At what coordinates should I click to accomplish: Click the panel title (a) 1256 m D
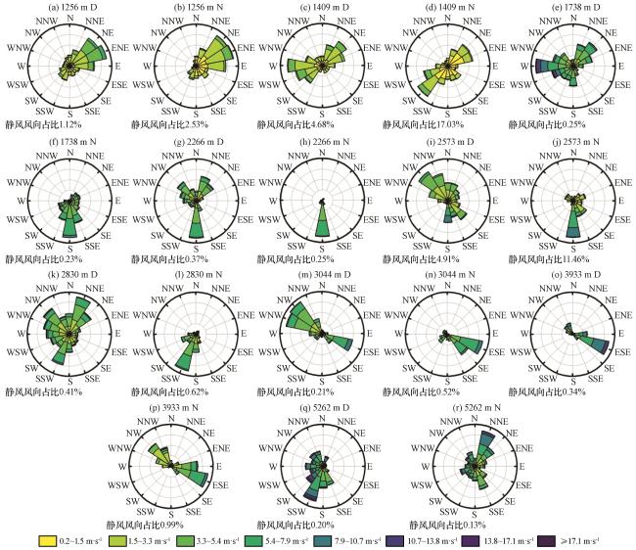point(70,7)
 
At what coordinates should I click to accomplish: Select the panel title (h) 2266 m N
point(322,142)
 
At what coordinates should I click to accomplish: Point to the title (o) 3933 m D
point(573,275)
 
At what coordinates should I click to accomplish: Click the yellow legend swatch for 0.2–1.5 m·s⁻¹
point(48,541)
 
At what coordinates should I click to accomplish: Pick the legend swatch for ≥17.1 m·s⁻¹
point(546,541)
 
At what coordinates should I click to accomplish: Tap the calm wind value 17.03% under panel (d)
point(449,124)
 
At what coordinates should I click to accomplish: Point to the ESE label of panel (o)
point(622,351)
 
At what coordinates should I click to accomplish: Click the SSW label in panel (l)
point(170,379)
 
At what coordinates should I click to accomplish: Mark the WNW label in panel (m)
point(269,315)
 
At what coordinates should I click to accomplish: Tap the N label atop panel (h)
point(322,152)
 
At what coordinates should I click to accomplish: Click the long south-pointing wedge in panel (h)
point(322,220)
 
